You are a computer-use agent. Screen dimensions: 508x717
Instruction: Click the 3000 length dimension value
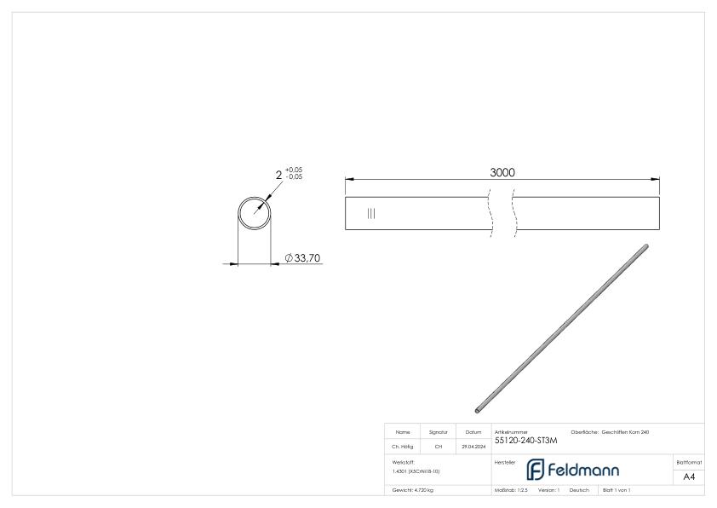tap(502, 172)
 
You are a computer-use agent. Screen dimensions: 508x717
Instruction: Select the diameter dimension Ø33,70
tap(303, 257)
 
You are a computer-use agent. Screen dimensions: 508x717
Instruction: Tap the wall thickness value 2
tap(278, 176)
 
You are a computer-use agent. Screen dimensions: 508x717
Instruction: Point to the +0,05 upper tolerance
tap(293, 170)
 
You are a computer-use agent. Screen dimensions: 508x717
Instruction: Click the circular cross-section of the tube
tap(253, 212)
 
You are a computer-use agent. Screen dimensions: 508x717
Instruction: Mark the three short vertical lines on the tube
tap(370, 213)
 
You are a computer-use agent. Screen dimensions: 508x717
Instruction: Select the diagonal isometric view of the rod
tap(562, 326)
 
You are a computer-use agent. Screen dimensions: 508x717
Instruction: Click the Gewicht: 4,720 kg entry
tap(412, 492)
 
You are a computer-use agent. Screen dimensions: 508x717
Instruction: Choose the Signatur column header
tap(439, 433)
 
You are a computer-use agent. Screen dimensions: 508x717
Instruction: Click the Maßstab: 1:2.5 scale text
tap(511, 492)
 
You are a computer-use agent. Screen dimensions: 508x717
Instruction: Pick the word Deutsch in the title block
tap(579, 492)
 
